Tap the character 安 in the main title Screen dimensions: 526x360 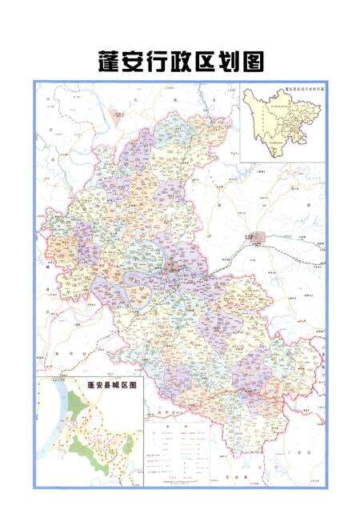[135, 62]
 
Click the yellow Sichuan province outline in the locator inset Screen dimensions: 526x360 [276, 124]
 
